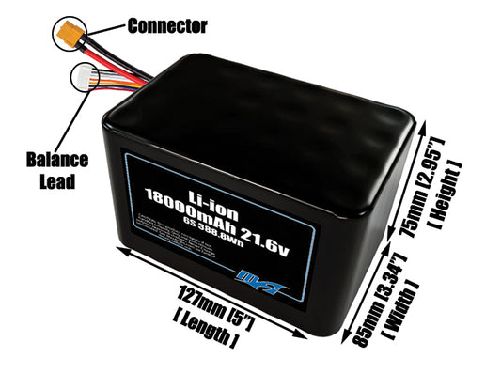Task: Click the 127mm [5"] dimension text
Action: tap(211, 302)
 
